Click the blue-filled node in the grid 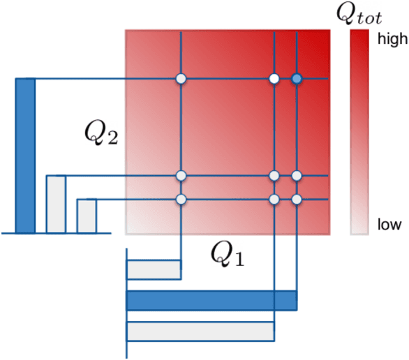pyautogui.click(x=297, y=79)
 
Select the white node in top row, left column pyautogui.click(x=181, y=79)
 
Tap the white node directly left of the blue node pyautogui.click(x=274, y=79)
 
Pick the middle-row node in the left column pyautogui.click(x=181, y=175)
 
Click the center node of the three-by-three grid pyautogui.click(x=274, y=175)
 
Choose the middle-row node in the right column pyautogui.click(x=297, y=175)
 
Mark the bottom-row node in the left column pyautogui.click(x=181, y=200)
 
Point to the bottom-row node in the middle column pyautogui.click(x=274, y=200)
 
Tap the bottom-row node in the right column pyautogui.click(x=297, y=200)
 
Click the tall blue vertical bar pyautogui.click(x=25, y=155)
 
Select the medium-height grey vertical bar pyautogui.click(x=56, y=204)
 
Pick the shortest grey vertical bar pyautogui.click(x=87, y=216)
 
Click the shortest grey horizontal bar pyautogui.click(x=153, y=269)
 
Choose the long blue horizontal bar pyautogui.click(x=211, y=300)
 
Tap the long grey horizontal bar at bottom pyautogui.click(x=200, y=331)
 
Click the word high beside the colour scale pyautogui.click(x=392, y=40)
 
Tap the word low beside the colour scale pyautogui.click(x=389, y=225)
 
